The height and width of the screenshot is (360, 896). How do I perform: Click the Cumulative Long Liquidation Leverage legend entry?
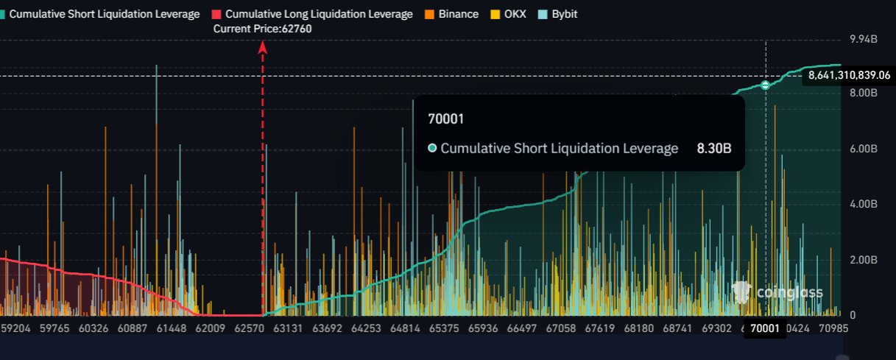point(311,14)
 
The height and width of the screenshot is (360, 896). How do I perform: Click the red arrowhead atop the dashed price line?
point(262,48)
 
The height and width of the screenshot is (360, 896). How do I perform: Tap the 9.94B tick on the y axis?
point(863,38)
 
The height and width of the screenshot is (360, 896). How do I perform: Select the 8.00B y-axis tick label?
point(863,93)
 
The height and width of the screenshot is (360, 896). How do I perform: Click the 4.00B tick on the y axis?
point(863,204)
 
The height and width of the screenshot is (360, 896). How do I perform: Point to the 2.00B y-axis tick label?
point(863,260)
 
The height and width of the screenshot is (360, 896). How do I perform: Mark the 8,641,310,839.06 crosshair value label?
point(849,75)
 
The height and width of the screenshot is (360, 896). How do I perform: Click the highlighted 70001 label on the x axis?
point(764,331)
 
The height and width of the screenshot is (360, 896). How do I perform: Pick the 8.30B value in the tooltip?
point(713,149)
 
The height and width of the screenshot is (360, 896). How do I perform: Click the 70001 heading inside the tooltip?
point(441,118)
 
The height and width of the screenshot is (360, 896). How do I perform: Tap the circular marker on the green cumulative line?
point(766,85)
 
